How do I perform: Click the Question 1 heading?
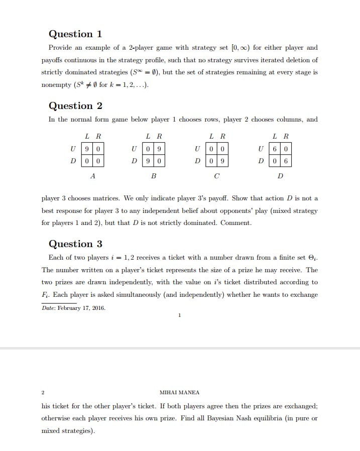(75, 34)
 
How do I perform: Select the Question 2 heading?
(75, 106)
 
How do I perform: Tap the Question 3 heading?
(75, 244)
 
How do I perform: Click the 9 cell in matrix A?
(87, 149)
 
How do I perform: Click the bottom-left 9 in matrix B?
(149, 161)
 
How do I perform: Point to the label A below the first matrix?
(92, 176)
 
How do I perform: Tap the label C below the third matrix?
(217, 176)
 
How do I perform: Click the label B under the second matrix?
(154, 176)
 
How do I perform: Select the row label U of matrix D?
(260, 149)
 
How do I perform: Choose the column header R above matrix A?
(99, 136)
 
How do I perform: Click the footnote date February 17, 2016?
(74, 308)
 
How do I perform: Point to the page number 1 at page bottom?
(179, 315)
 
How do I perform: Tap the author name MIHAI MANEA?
(179, 392)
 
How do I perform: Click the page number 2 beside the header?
(43, 392)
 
